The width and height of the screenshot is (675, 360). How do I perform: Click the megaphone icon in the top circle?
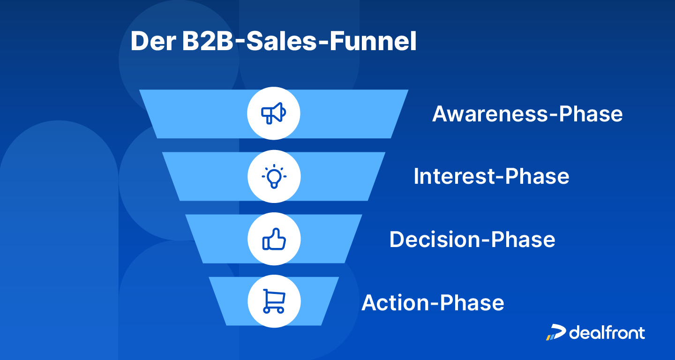click(274, 113)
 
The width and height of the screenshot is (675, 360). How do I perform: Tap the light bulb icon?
click(274, 177)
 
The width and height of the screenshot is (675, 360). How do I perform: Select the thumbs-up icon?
click(274, 240)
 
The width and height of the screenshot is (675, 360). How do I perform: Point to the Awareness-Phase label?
click(527, 114)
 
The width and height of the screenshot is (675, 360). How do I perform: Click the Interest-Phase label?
click(491, 177)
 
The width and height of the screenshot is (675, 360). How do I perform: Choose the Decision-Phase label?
click(472, 240)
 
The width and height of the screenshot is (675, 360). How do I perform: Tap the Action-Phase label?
click(433, 303)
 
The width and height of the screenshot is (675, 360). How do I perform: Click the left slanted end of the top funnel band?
click(152, 114)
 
